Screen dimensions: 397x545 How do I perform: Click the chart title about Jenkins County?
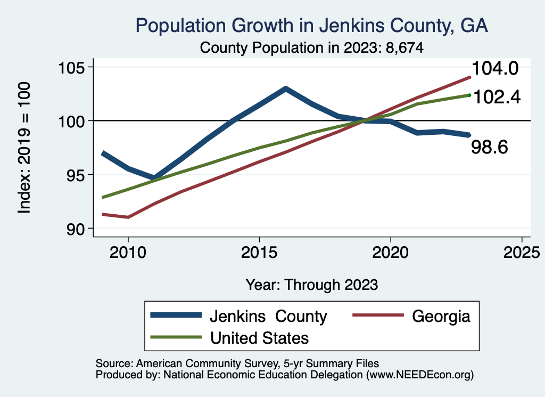click(x=311, y=25)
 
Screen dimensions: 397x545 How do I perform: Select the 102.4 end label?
click(x=496, y=96)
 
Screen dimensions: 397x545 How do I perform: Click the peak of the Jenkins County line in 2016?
click(x=285, y=88)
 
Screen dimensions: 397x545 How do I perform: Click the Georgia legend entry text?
click(x=441, y=316)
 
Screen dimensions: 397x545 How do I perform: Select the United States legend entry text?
click(x=259, y=338)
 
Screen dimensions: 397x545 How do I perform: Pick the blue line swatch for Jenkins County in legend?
click(x=176, y=316)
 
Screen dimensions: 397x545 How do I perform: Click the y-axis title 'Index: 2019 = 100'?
click(x=24, y=148)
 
